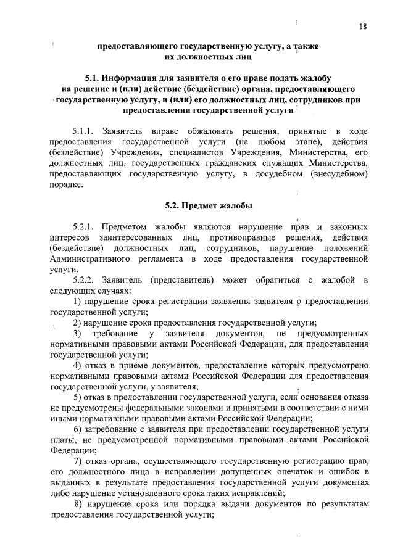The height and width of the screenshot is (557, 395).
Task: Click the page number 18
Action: [362, 26]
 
